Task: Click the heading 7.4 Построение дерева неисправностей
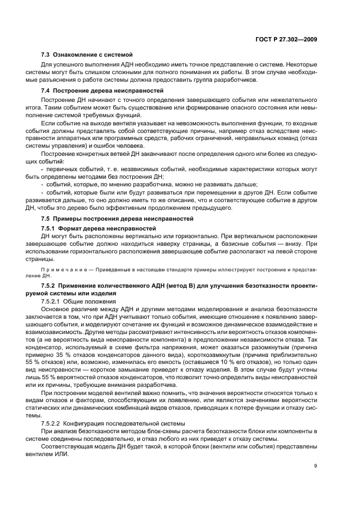102,90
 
